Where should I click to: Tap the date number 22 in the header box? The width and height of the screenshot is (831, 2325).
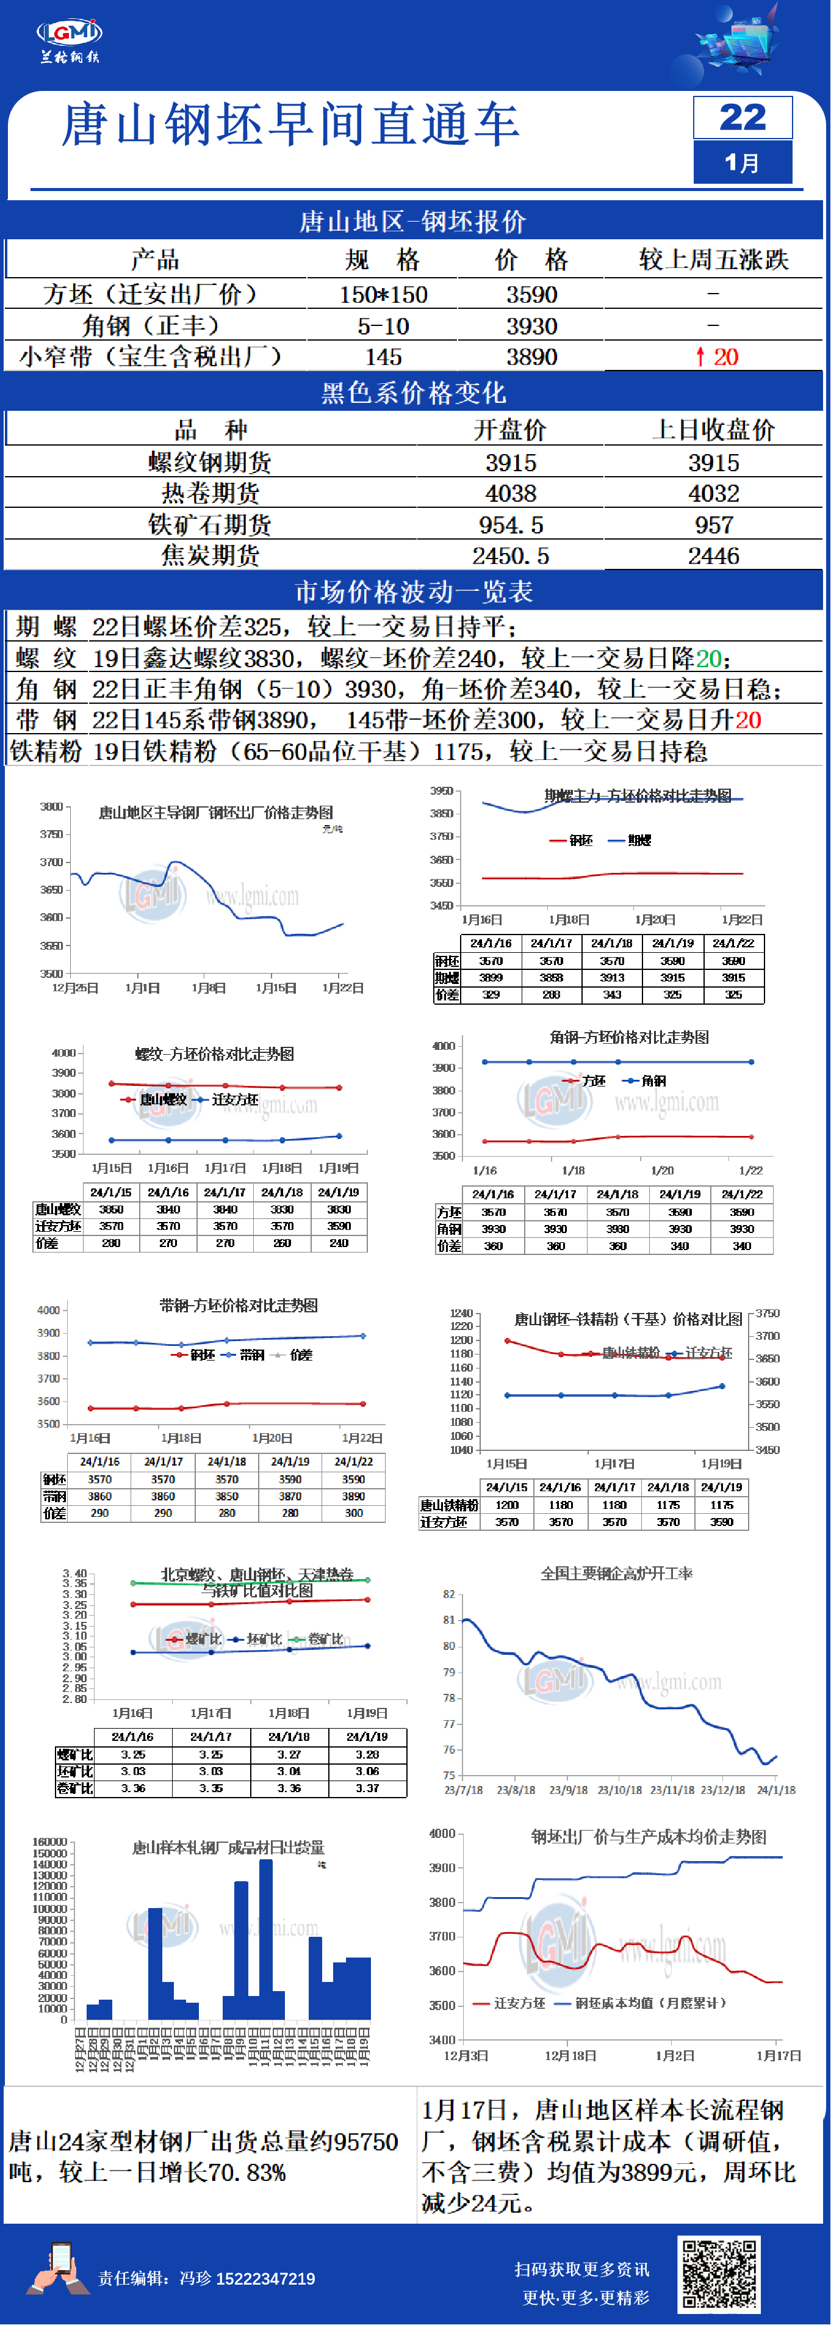[742, 117]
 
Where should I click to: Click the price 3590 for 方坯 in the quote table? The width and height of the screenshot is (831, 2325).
[531, 294]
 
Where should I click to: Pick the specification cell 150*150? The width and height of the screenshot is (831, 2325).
[384, 294]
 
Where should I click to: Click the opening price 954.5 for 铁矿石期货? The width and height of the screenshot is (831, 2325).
[511, 526]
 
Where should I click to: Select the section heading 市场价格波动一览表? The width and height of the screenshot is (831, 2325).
[414, 592]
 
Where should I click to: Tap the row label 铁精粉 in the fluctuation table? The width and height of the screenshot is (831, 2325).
[46, 751]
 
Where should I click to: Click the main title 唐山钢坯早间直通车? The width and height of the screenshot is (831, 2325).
[290, 125]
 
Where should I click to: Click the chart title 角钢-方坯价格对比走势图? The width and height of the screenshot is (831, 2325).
[629, 1037]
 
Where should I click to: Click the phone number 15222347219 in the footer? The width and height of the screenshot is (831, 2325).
[265, 2279]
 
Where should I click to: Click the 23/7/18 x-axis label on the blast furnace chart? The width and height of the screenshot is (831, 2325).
[464, 1789]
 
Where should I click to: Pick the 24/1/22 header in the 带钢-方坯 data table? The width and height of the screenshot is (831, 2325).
[354, 1461]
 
